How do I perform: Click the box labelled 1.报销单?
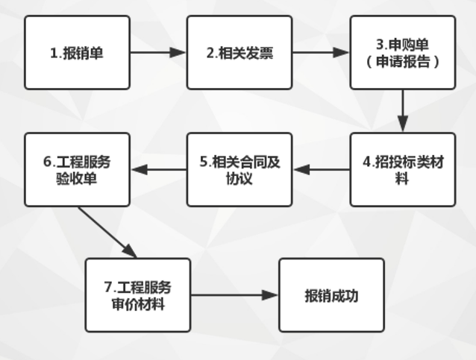pos(77,54)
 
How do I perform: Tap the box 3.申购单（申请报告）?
pos(402,54)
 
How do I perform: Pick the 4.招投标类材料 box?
pos(402,170)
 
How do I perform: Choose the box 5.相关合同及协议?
pos(238,170)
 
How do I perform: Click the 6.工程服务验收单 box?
pos(77,170)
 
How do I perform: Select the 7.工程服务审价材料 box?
pos(137,295)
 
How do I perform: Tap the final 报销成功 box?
pos(331,295)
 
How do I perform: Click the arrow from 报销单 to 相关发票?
pos(157,54)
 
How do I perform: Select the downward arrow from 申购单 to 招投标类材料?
pos(402,111)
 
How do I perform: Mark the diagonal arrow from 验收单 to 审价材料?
pos(107,232)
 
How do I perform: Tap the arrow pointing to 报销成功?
pos(234,295)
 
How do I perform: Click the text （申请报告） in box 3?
pos(402,63)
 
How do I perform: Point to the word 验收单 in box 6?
pos(77,179)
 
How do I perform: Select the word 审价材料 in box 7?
pos(137,303)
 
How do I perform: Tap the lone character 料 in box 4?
pos(402,180)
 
